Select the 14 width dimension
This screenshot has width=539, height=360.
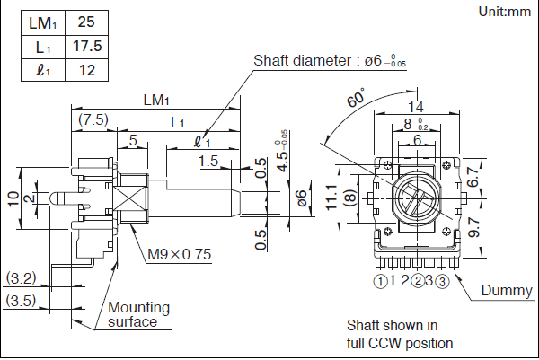(415, 107)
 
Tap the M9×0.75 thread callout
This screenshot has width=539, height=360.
(179, 254)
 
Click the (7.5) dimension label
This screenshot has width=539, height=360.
(93, 119)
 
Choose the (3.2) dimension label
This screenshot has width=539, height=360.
(20, 277)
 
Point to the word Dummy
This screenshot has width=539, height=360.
(507, 290)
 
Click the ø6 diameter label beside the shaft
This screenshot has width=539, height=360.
(302, 195)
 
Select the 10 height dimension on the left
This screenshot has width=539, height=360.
(12, 198)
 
